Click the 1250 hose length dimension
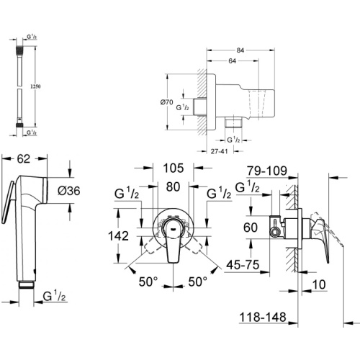point(35,86)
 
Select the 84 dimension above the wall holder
point(240,50)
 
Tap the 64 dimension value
point(232,61)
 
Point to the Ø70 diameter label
point(166,102)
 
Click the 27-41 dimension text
point(219,151)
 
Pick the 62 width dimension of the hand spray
point(24,159)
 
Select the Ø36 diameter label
point(69,191)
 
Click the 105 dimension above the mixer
point(174,168)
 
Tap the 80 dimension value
point(173,186)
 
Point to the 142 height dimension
point(119,235)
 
